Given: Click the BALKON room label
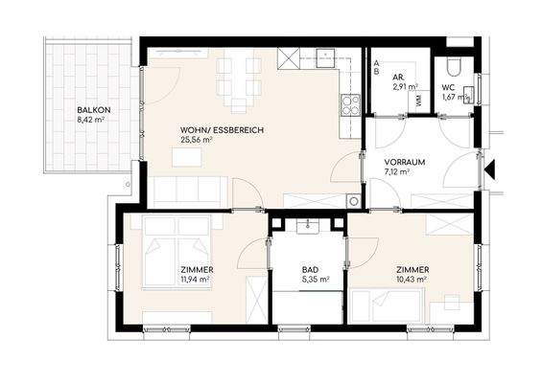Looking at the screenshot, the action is [94, 110].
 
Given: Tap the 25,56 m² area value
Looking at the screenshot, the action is [196, 140].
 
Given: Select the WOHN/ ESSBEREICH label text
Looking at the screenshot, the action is [222, 130].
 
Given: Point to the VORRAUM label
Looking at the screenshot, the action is [405, 162].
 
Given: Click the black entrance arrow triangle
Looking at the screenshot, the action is [490, 169].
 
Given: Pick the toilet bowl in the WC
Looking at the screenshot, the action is [453, 68].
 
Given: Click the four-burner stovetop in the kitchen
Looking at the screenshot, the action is [350, 105].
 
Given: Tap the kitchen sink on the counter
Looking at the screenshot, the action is [325, 58].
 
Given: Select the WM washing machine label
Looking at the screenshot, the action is [419, 101].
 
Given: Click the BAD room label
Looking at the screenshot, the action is [310, 270].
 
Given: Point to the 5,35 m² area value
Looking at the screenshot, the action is [316, 280].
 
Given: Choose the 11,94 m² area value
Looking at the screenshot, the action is [195, 280].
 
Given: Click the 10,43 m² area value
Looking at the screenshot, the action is [411, 280].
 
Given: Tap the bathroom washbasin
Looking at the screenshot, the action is [308, 227].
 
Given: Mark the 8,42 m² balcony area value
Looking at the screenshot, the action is [91, 120].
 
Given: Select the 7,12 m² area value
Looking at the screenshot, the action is [397, 171].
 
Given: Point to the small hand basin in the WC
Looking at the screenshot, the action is [468, 95].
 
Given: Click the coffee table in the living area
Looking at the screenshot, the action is [187, 157].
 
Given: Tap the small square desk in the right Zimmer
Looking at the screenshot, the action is [452, 303].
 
